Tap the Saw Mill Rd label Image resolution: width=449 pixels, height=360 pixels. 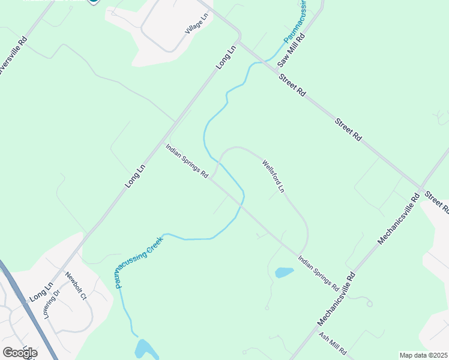292,49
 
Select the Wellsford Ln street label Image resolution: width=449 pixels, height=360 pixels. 273,176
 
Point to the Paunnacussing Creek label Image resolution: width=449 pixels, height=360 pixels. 139,262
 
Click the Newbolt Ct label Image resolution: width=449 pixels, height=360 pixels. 77,287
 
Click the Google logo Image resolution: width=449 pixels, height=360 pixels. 20,353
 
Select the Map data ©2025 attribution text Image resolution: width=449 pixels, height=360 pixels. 423,355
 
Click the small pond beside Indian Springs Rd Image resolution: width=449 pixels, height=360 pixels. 284,272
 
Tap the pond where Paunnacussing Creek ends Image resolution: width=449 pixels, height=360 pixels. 145,349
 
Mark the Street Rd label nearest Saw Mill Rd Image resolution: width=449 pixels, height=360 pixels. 292,85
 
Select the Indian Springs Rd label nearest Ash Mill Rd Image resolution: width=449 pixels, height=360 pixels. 318,274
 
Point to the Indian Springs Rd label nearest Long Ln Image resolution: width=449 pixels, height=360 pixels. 187,161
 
